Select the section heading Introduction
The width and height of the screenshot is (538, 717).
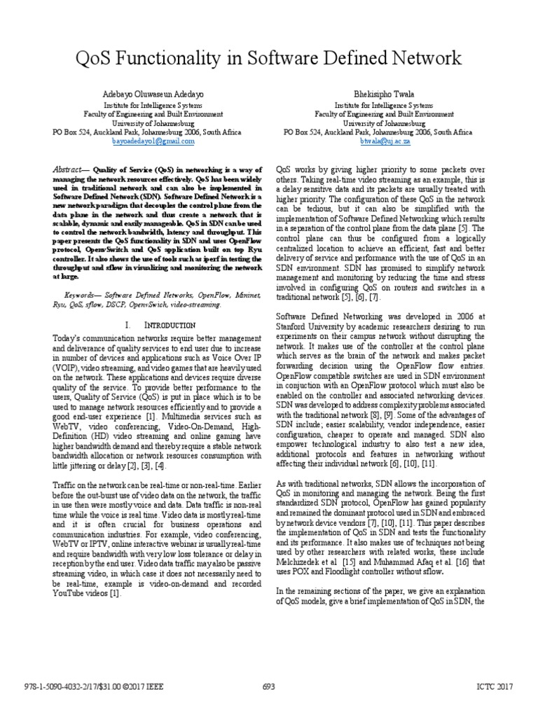(166, 326)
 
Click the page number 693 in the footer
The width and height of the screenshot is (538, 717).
(268, 687)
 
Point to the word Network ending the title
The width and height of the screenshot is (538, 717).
(422, 57)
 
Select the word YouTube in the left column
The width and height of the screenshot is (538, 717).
(72, 594)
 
